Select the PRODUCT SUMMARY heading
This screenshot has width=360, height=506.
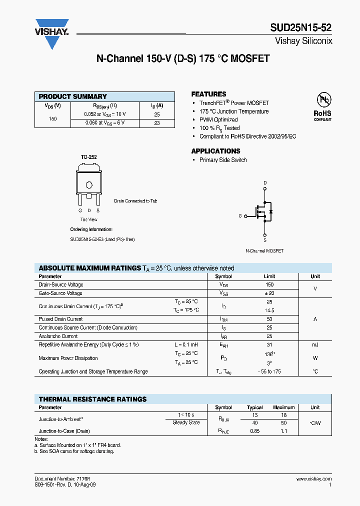click(73, 96)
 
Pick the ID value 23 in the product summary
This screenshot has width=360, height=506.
click(157, 123)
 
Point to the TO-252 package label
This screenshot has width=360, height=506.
click(89, 157)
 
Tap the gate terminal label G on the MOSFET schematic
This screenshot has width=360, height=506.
click(240, 216)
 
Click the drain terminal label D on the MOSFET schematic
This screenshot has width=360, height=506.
click(265, 182)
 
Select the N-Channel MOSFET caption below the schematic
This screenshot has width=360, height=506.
click(264, 250)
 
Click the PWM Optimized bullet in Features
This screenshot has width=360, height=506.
click(218, 120)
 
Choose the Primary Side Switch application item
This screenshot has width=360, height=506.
click(223, 160)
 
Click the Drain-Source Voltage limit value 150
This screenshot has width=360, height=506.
click(270, 284)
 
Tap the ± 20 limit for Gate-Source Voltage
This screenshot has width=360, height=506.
click(270, 293)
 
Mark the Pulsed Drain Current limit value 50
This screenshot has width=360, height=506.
click(270, 319)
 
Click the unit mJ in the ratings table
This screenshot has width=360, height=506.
click(315, 345)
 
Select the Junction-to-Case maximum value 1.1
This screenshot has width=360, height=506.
click(284, 431)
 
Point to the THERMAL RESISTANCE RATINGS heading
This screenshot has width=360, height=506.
click(92, 399)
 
